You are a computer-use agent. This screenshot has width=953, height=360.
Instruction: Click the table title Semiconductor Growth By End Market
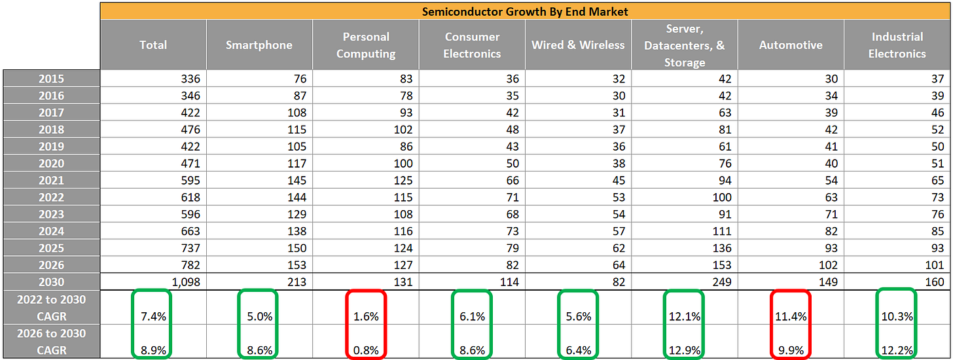(x=526, y=11)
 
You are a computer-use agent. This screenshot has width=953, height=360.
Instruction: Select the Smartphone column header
(x=259, y=45)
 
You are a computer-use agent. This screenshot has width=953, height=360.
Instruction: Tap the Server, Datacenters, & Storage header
(x=684, y=45)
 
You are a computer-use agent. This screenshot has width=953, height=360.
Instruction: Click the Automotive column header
(x=790, y=45)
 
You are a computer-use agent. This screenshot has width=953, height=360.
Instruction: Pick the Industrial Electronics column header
(x=897, y=45)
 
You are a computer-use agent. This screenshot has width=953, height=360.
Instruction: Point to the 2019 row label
(x=52, y=146)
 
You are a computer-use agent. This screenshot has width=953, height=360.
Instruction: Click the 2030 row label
(x=52, y=281)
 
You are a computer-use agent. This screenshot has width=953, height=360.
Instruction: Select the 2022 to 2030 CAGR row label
(x=52, y=308)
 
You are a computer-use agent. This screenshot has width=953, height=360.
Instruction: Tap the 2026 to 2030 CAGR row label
(x=52, y=342)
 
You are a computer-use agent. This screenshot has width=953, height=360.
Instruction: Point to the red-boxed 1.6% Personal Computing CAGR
(x=365, y=316)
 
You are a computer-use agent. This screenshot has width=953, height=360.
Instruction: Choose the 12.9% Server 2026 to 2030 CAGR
(x=685, y=350)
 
